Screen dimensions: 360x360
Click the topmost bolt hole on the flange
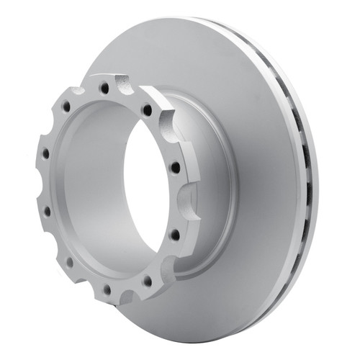(x=105, y=87)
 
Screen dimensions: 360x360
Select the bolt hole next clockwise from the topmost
(x=147, y=110)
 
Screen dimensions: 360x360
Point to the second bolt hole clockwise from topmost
(x=174, y=167)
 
